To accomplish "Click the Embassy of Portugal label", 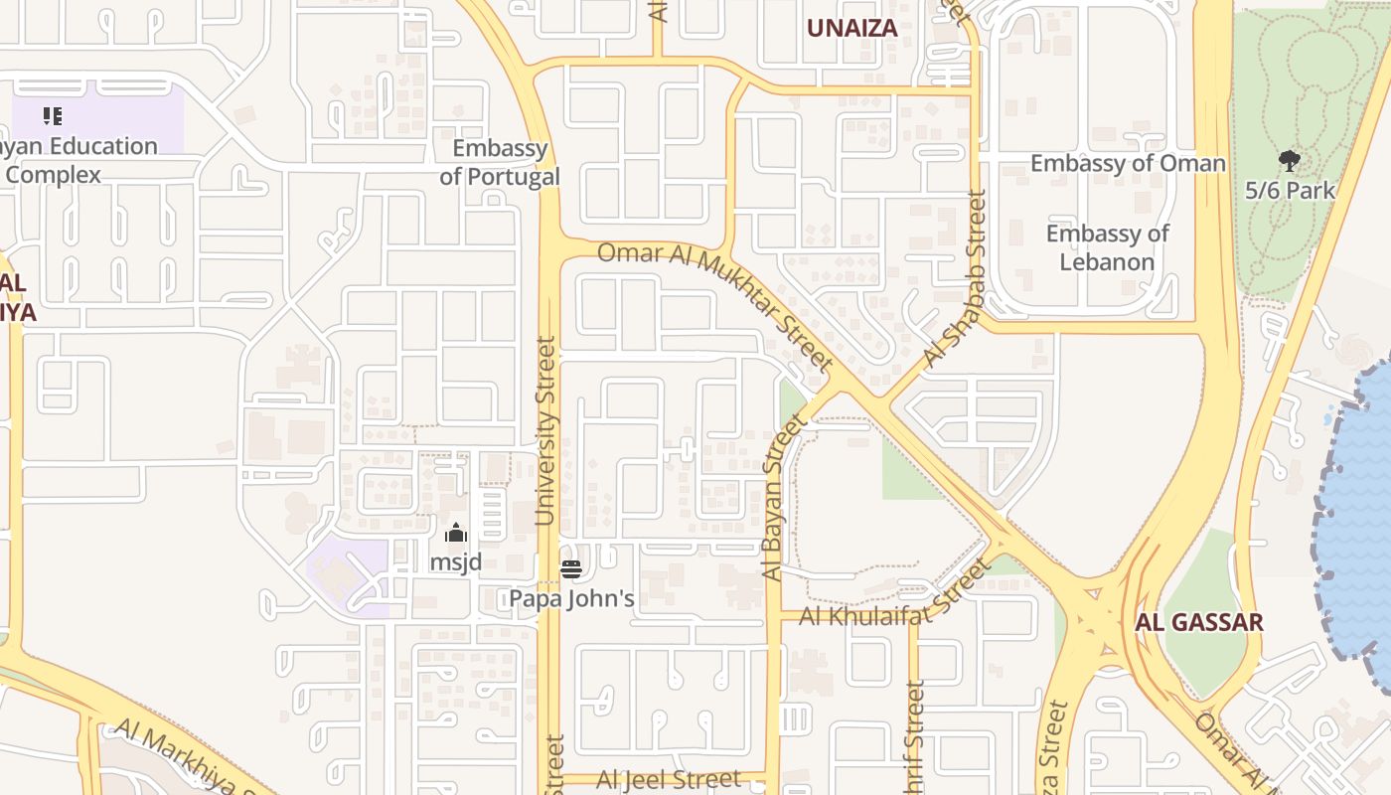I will [x=500, y=163].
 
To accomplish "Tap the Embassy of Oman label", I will [x=1128, y=163].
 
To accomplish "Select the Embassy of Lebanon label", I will [x=1107, y=247].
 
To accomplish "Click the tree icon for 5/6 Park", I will [x=1290, y=160].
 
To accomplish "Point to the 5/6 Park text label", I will [x=1290, y=190].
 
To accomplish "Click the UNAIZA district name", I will [x=851, y=29].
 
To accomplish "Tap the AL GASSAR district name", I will [x=1199, y=623].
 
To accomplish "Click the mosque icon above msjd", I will [x=456, y=534].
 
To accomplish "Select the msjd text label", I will [x=456, y=562].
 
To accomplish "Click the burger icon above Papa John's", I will [x=571, y=569].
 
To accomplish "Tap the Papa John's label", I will [x=571, y=599].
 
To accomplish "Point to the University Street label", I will [x=545, y=430].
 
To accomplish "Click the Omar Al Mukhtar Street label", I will [x=715, y=303].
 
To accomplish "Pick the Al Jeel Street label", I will [x=668, y=779].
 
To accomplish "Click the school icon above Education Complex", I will [x=53, y=116].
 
